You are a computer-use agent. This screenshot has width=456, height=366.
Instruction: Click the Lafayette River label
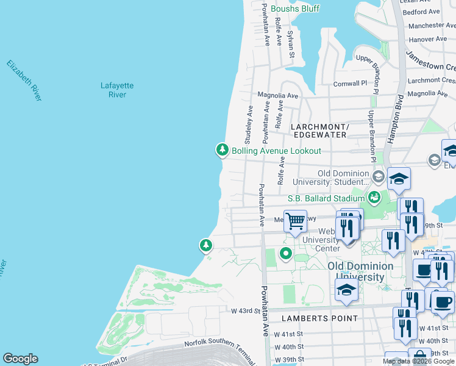[x=113, y=90]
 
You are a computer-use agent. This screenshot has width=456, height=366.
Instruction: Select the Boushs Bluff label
[x=294, y=9]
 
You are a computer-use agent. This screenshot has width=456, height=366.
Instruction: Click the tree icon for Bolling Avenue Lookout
[x=223, y=149]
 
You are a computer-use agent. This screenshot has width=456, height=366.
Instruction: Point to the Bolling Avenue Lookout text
[x=276, y=151]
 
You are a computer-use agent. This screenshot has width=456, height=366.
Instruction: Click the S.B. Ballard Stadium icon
[x=374, y=197]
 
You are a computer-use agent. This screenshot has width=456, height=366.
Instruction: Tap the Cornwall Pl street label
[x=351, y=84]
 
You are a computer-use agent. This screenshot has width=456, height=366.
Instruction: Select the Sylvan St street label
[x=291, y=45]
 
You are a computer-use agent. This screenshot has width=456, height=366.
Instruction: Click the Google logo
[x=20, y=359]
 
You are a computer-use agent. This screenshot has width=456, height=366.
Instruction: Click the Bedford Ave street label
[x=421, y=12]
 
